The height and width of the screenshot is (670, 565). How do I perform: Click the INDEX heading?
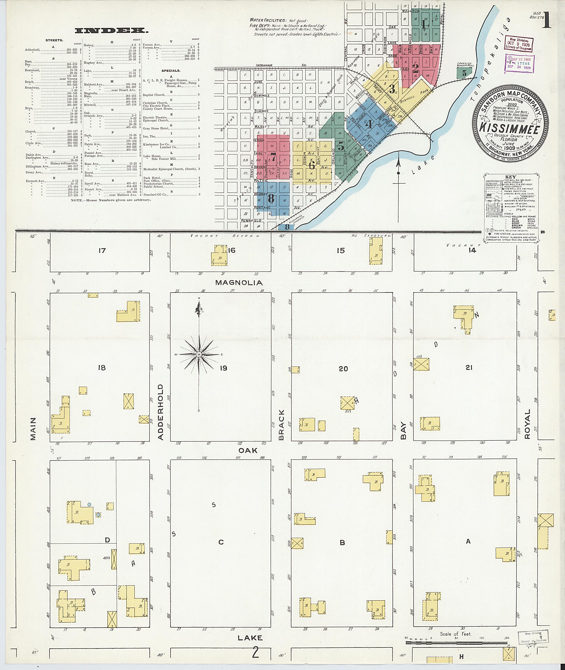coord(111,31)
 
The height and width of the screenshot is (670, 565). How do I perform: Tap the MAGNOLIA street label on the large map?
coord(239,283)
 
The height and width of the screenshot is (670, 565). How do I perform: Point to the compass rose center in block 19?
coord(199,354)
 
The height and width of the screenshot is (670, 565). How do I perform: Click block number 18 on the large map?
coord(102,368)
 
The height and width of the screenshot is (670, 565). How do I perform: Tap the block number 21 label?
coord(469,368)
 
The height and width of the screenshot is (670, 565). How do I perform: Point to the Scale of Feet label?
coord(455,634)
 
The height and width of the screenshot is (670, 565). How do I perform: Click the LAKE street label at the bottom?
coord(250,638)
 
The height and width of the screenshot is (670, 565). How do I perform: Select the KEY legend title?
coord(510,177)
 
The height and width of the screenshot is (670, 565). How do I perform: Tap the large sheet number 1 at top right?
coord(547,22)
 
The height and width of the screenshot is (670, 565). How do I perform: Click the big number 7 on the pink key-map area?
coord(273,157)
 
